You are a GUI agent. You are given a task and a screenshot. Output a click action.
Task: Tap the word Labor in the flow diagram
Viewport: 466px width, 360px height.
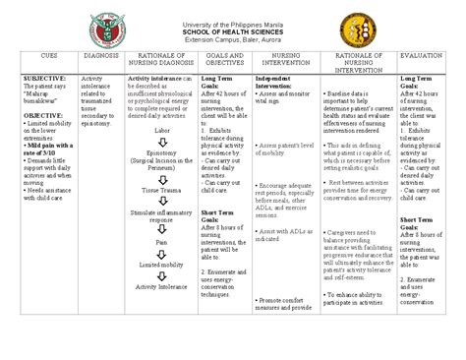point(162,129)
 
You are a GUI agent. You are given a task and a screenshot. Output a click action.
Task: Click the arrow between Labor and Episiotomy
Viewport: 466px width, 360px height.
point(162,141)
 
